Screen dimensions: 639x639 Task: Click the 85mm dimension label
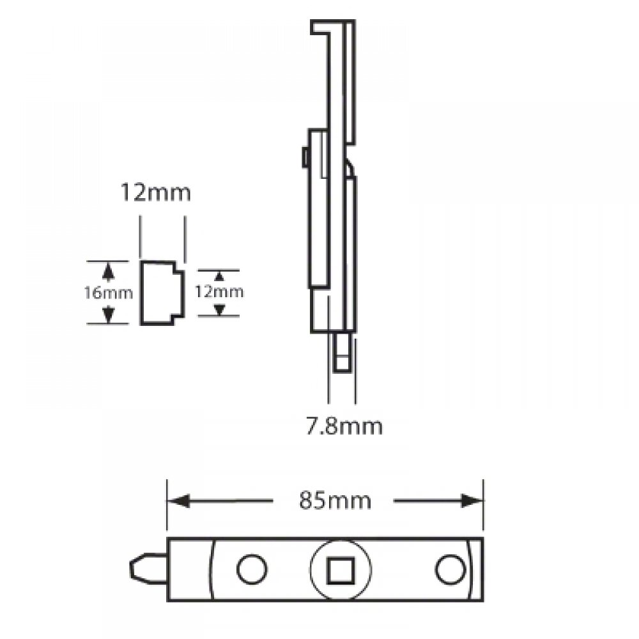335,500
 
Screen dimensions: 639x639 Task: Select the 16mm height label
109,293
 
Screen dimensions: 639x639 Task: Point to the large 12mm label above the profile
156,192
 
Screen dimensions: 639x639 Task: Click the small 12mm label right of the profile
219,292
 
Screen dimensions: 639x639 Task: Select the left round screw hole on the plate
251,569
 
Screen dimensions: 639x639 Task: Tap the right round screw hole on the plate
450,569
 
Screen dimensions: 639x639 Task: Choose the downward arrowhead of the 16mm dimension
109,314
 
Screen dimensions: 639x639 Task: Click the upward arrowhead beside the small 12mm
219,277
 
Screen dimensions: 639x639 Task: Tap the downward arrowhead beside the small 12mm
219,309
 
